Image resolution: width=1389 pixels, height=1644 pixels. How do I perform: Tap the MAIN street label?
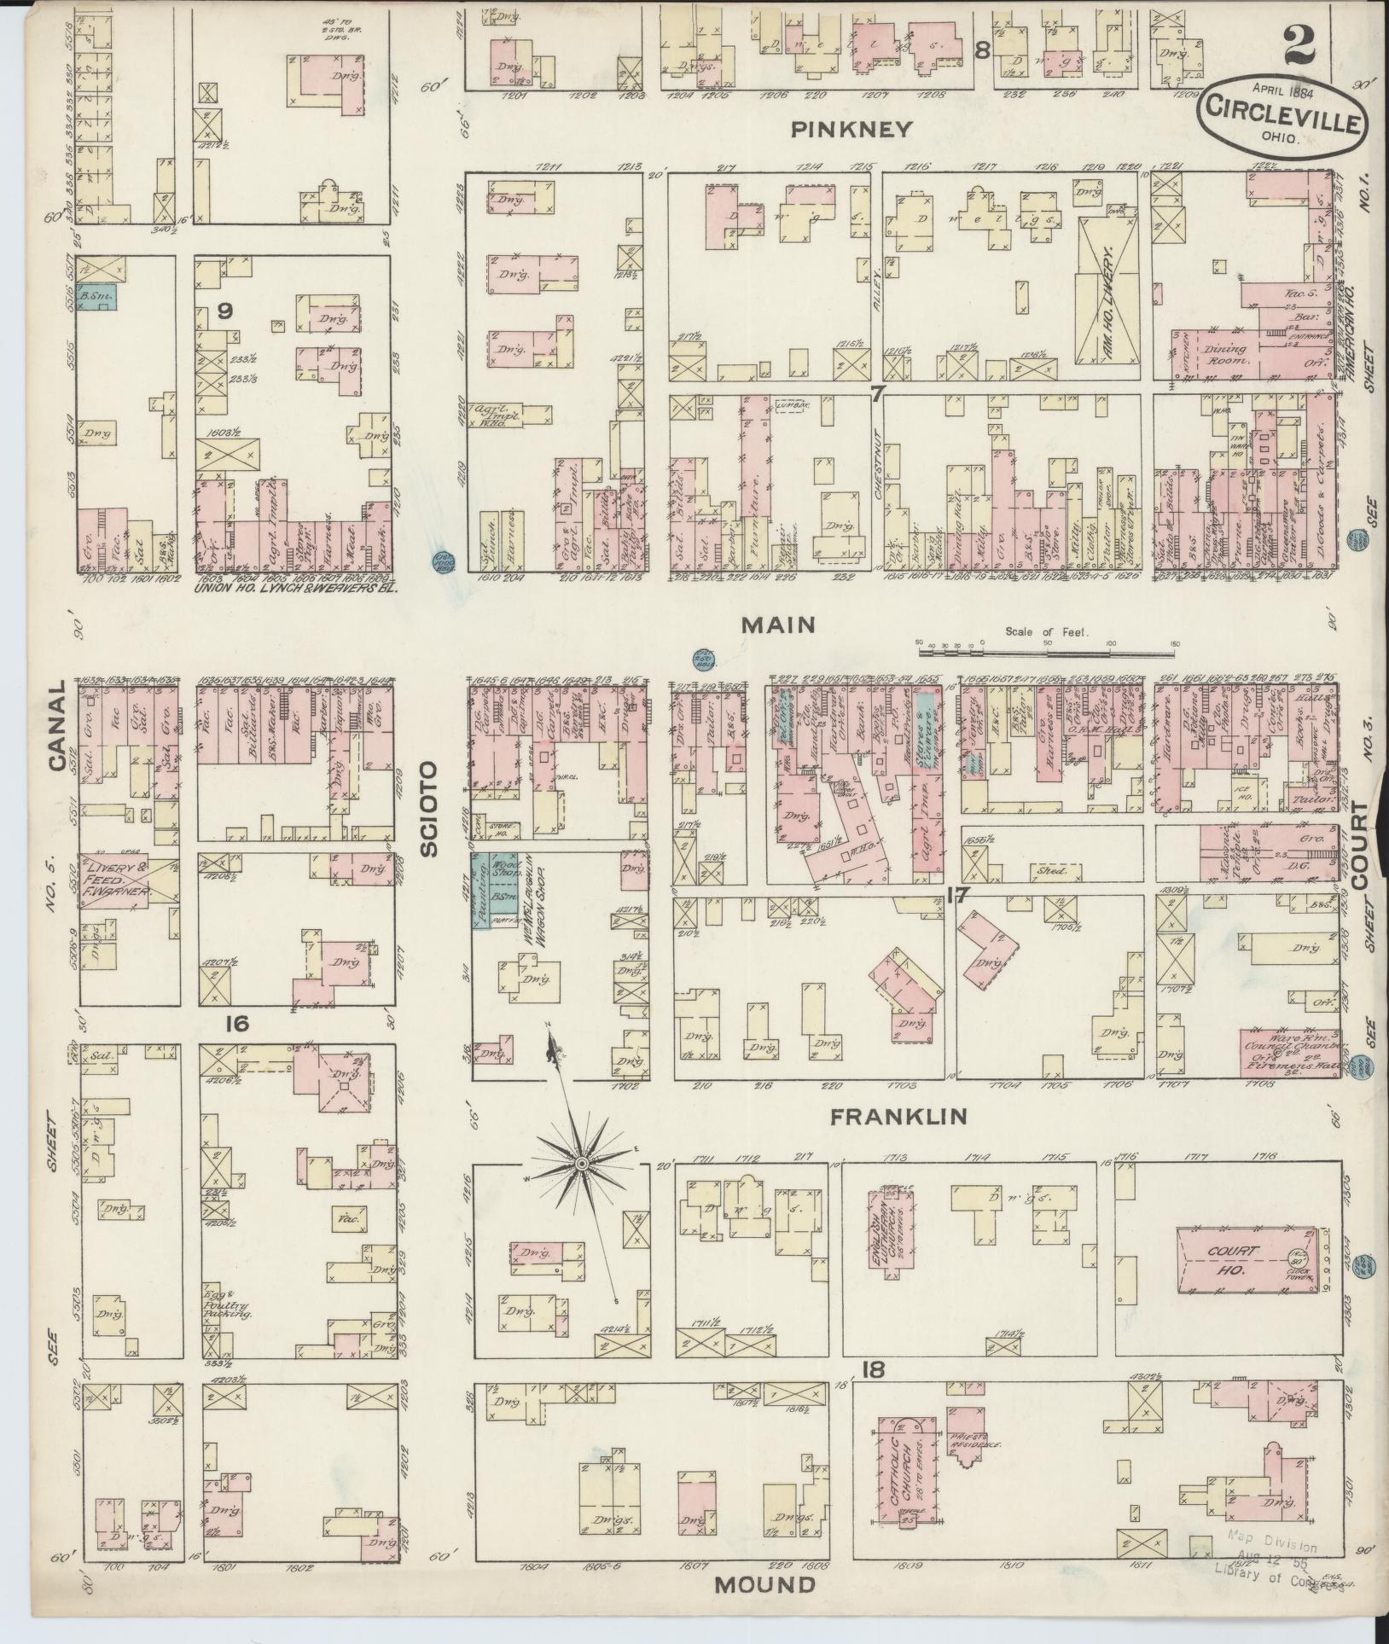point(777,625)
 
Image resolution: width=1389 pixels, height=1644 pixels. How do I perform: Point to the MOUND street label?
point(764,1585)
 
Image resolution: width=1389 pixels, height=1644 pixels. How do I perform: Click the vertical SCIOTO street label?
point(427,809)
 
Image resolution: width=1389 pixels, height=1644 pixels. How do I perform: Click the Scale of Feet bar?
point(1046,653)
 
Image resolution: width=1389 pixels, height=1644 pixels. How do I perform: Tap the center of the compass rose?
point(582,1164)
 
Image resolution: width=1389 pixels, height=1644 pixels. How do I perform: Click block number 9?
point(224,311)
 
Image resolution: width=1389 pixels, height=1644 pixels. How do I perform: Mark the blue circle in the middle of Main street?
point(703,659)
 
